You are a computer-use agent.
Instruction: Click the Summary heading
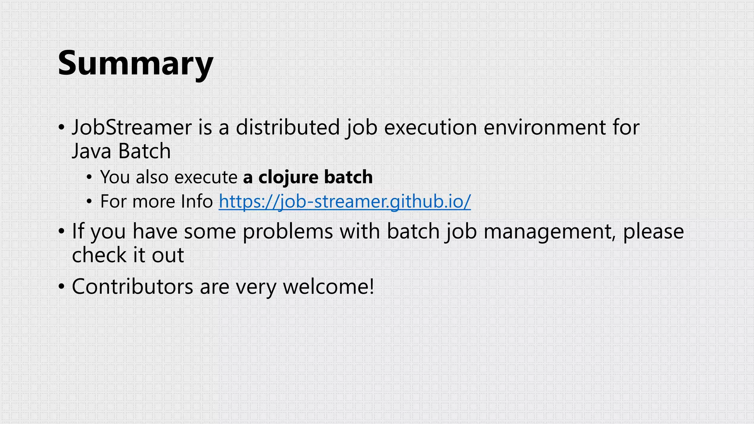(135, 63)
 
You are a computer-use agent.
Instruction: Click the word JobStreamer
(132, 127)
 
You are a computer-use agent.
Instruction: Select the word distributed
(288, 127)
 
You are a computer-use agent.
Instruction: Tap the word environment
(545, 127)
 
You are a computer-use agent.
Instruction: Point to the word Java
(91, 151)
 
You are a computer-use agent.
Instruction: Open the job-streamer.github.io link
(345, 201)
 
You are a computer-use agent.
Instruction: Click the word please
(653, 232)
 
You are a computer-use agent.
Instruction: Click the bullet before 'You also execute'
(89, 178)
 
